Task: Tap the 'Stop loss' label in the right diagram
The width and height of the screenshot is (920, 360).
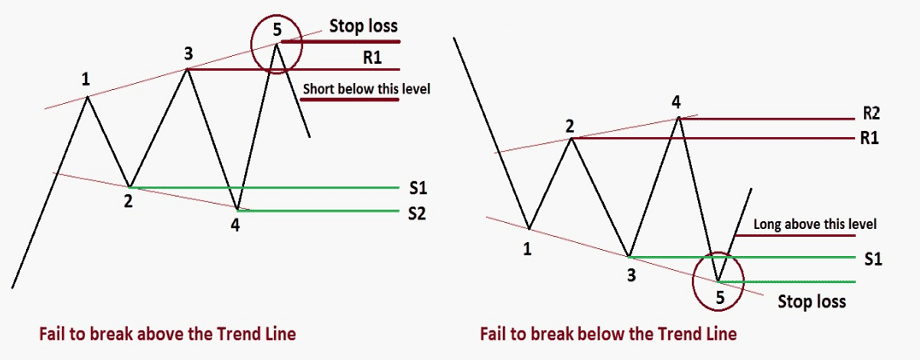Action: click(x=812, y=300)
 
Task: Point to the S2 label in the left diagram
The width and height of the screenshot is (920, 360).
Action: click(x=417, y=211)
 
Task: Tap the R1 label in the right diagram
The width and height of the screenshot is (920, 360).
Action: click(x=869, y=138)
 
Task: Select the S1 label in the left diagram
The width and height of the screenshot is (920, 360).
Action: click(x=417, y=187)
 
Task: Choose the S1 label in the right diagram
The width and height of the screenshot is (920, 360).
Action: click(x=870, y=257)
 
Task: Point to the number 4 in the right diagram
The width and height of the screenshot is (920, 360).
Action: click(x=676, y=101)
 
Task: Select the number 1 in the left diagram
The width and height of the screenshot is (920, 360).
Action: click(x=86, y=78)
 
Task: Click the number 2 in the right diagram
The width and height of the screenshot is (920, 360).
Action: click(x=569, y=126)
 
